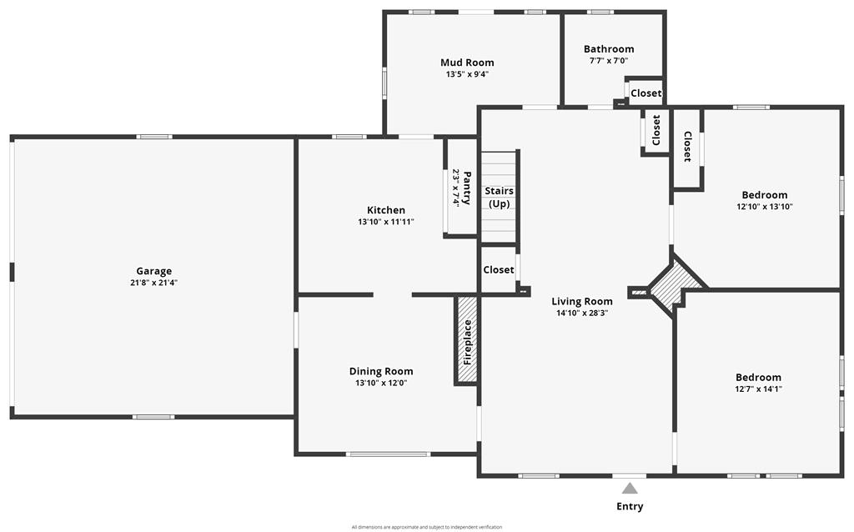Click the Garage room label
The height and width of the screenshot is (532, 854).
tap(153, 271)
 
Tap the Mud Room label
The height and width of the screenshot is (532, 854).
tap(467, 63)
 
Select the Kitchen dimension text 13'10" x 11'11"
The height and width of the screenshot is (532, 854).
tap(386, 222)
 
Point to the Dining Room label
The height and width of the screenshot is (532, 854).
tap(381, 371)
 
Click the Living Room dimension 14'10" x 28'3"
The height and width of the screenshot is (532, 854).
tap(582, 313)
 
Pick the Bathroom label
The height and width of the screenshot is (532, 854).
tap(609, 49)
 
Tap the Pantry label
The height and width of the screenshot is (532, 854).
tap(467, 188)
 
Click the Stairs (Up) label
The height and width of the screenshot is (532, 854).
tap(499, 197)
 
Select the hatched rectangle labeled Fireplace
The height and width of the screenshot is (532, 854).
tap(467, 340)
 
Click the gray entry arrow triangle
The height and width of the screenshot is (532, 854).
tap(630, 488)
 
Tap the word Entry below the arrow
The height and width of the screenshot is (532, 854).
tap(630, 506)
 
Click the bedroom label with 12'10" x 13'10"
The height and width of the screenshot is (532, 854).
tap(765, 195)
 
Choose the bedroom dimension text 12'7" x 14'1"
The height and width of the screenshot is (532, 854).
tap(758, 389)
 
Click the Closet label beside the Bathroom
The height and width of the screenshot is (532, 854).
tap(646, 93)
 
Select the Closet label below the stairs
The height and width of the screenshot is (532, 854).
tap(499, 269)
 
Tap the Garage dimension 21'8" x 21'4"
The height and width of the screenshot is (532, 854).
tap(153, 283)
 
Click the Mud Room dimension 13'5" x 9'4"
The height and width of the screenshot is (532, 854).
tap(467, 74)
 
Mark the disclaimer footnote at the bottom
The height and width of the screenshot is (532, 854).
tap(426, 527)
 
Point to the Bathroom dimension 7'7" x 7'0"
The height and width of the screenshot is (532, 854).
tap(609, 60)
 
